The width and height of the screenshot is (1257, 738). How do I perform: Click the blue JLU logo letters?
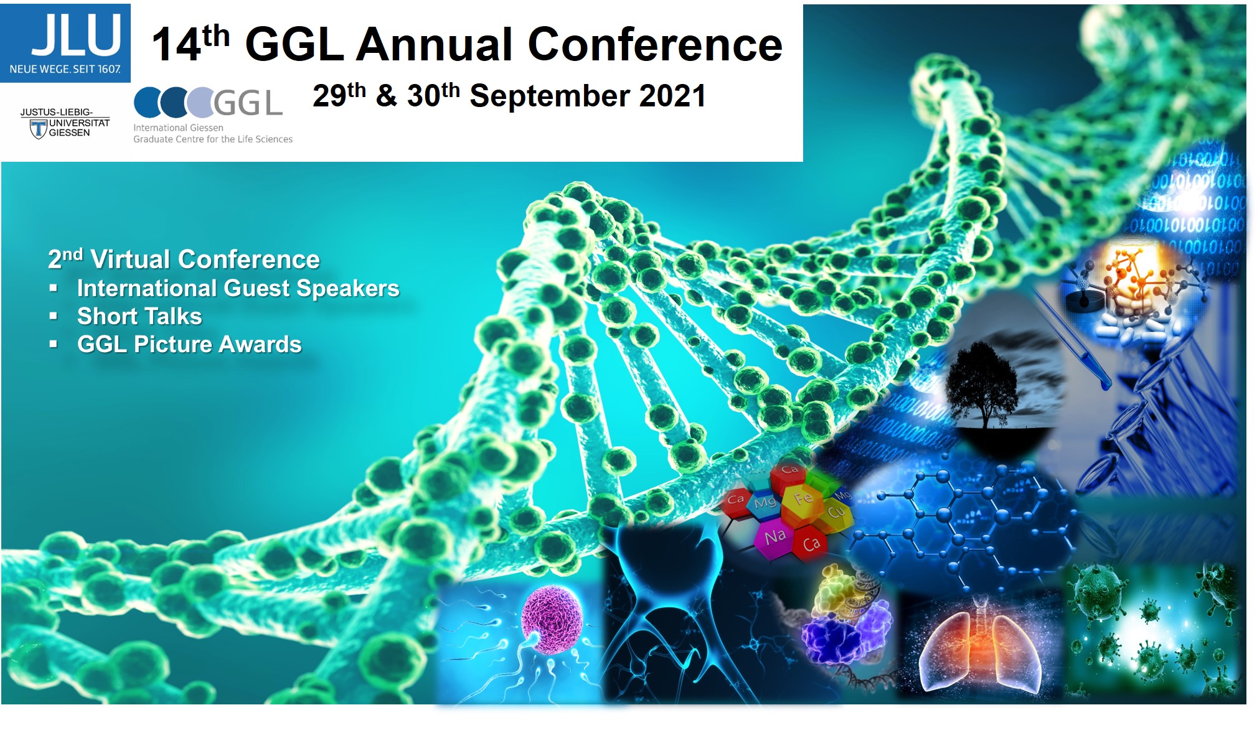pos(76,35)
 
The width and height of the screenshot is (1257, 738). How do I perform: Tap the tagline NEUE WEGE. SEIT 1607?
pos(65,69)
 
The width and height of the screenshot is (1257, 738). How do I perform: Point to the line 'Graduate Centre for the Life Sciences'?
pos(213,139)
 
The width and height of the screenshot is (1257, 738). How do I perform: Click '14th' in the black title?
pos(191,44)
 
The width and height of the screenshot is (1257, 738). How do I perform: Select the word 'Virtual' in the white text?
pos(129,259)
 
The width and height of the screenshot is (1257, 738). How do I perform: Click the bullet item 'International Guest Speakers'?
pos(238,288)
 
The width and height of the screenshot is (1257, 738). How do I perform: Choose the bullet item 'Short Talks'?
pos(139,316)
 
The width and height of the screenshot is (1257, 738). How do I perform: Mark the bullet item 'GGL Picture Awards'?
pos(189,344)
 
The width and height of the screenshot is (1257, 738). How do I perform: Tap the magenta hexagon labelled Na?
pos(775,537)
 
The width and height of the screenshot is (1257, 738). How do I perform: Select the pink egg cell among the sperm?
pos(552,620)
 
